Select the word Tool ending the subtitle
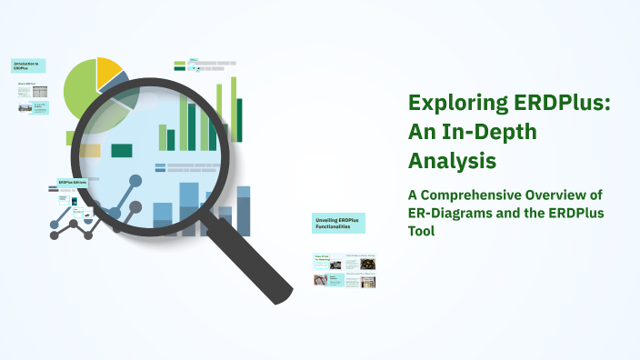[x=421, y=231]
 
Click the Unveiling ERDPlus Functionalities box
[x=338, y=225]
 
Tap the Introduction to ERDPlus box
[x=28, y=66]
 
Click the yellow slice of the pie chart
[x=108, y=69]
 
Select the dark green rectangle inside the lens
[x=121, y=150]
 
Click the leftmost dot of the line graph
[x=55, y=235]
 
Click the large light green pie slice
[x=82, y=91]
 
